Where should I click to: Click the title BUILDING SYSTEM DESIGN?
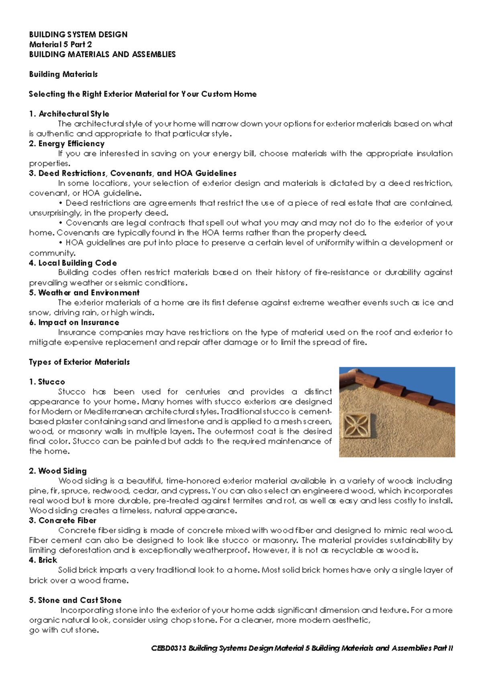pyautogui.click(x=78, y=35)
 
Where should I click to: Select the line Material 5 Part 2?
pyautogui.click(x=60, y=45)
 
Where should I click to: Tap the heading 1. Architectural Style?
pyautogui.click(x=69, y=114)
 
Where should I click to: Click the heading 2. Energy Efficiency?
pyautogui.click(x=67, y=143)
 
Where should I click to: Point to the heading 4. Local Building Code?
pyautogui.click(x=73, y=263)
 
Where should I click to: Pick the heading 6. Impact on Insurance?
pyautogui.click(x=74, y=322)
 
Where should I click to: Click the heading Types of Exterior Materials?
pyautogui.click(x=79, y=362)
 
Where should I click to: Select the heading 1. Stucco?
pyautogui.click(x=47, y=381)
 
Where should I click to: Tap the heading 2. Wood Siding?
pyautogui.click(x=58, y=471)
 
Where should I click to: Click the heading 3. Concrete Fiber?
pyautogui.click(x=63, y=520)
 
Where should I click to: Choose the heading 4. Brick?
pyautogui.click(x=43, y=560)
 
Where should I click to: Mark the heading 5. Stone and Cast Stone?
pyautogui.click(x=75, y=600)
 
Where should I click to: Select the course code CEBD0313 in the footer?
pyautogui.click(x=169, y=648)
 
